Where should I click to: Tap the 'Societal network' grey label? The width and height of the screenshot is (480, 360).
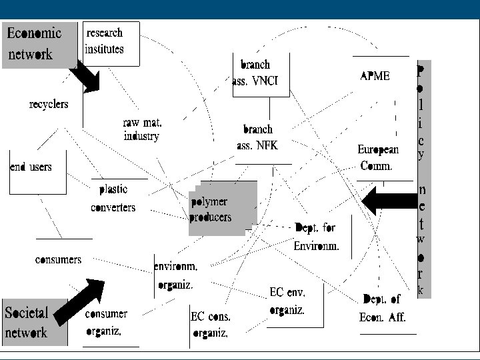[35, 322]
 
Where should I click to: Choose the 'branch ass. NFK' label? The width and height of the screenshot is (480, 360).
[258, 137]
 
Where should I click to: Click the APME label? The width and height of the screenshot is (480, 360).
[375, 76]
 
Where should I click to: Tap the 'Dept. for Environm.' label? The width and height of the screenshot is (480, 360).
[315, 237]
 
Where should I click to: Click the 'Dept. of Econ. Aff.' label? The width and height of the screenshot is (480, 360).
[383, 307]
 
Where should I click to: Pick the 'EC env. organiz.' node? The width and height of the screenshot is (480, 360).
[288, 301]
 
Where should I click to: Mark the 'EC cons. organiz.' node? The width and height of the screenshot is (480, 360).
[210, 325]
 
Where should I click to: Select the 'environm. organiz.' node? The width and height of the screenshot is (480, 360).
[175, 275]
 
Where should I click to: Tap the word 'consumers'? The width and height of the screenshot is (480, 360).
[58, 259]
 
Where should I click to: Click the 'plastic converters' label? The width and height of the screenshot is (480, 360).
[113, 198]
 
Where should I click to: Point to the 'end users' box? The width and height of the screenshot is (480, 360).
[31, 167]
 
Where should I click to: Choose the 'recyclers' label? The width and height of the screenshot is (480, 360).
[49, 104]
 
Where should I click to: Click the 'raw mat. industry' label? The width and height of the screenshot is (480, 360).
[142, 129]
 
